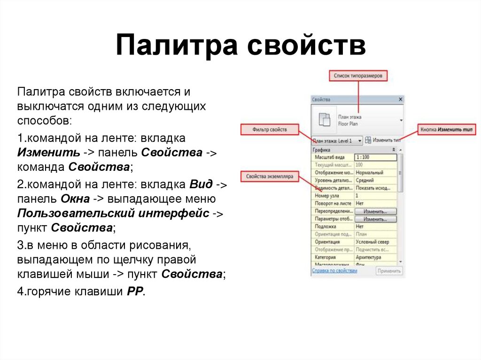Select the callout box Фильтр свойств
pyautogui.click(x=269, y=130)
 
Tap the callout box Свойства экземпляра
pyautogui.click(x=269, y=177)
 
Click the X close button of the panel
pyautogui.click(x=400, y=100)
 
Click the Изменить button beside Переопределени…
pyautogui.click(x=375, y=212)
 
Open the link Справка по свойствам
pyautogui.click(x=334, y=271)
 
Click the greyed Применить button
pyautogui.click(x=389, y=271)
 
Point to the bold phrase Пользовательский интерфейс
pyautogui.click(x=113, y=214)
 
